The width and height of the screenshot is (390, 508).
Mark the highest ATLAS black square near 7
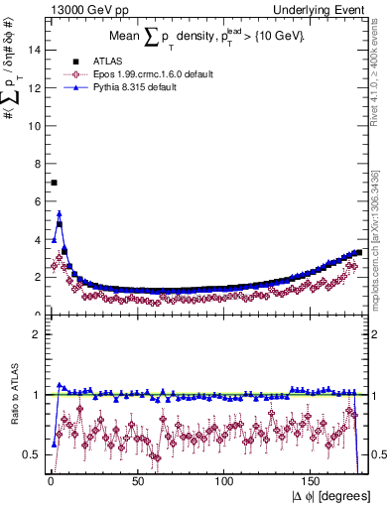coord(54,183)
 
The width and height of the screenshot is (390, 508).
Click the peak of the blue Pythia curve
coord(60,212)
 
